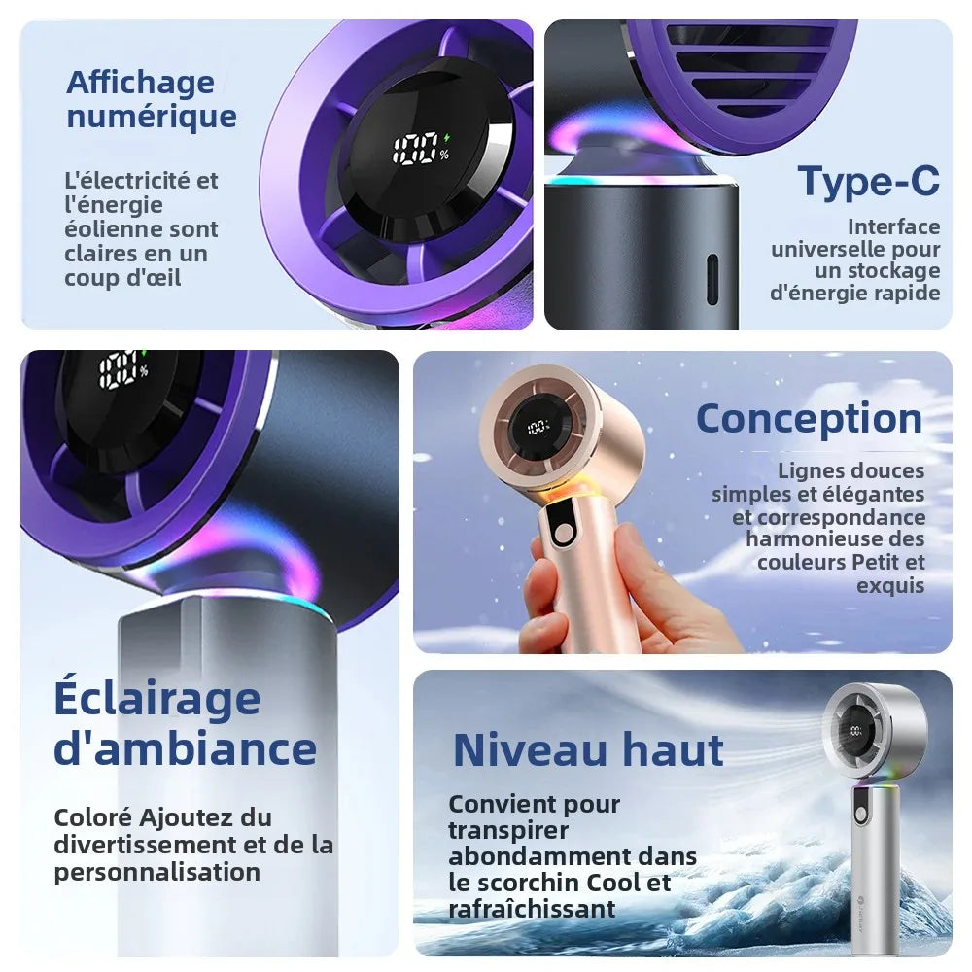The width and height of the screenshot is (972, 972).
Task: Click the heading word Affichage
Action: [x=141, y=84]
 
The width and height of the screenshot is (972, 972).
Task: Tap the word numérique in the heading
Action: [x=152, y=116]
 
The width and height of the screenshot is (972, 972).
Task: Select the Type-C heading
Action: [x=868, y=181]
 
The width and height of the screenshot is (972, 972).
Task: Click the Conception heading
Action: [x=810, y=420]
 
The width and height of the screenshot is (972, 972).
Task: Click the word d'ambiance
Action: [x=186, y=748]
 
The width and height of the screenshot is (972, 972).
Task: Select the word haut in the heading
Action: [x=674, y=749]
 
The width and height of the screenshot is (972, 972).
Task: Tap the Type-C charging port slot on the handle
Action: [x=712, y=279]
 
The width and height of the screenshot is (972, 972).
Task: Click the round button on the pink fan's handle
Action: [x=564, y=534]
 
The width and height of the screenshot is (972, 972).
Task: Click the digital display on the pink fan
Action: [x=538, y=427]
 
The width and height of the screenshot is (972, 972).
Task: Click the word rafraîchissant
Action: [x=532, y=910]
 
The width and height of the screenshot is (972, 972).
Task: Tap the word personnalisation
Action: [x=156, y=872]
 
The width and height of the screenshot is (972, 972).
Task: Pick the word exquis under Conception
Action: [x=890, y=586]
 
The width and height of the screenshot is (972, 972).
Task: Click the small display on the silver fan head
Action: [x=855, y=730]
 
